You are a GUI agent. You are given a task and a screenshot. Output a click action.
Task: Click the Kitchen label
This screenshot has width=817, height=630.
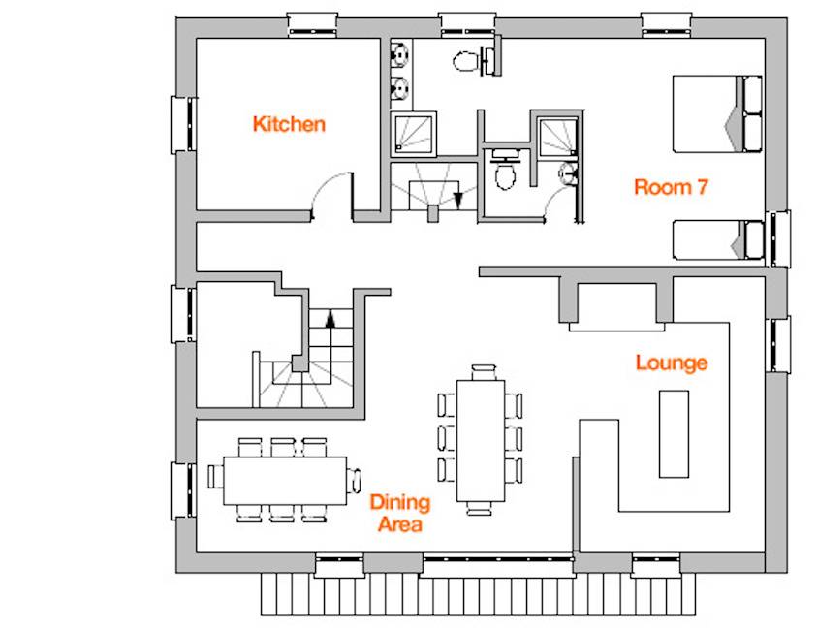click(289, 124)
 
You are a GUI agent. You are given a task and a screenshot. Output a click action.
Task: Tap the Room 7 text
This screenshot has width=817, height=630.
click(671, 186)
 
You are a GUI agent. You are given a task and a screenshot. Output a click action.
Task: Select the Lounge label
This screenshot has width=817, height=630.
click(672, 362)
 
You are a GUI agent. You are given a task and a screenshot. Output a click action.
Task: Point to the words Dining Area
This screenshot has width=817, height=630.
click(400, 514)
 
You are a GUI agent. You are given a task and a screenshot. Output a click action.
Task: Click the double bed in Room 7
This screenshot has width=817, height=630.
click(717, 113)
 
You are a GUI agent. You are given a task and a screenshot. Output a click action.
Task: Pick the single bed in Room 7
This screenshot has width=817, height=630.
click(718, 239)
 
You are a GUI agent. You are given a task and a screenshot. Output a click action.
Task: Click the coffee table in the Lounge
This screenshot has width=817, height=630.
click(674, 433)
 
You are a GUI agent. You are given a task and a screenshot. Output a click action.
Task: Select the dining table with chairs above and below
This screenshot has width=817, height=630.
click(285, 481)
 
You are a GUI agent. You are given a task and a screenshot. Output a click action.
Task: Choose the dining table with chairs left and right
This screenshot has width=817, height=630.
click(481, 441)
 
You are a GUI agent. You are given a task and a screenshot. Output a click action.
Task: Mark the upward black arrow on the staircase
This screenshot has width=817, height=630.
click(330, 318)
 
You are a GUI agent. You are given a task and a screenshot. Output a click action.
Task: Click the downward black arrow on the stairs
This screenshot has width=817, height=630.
click(458, 201)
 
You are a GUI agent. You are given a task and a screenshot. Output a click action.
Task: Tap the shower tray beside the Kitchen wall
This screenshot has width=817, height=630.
click(413, 134)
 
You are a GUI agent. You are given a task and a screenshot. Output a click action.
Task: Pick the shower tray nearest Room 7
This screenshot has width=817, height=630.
click(558, 137)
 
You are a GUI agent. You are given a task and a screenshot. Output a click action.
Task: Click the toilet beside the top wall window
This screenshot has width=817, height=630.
click(465, 61)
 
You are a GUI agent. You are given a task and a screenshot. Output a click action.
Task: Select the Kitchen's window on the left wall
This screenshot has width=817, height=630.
click(182, 125)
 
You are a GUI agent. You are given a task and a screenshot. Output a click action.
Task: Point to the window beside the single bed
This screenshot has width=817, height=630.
click(778, 238)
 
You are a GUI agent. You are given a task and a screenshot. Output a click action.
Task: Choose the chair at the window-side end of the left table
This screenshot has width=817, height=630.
click(215, 476)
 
